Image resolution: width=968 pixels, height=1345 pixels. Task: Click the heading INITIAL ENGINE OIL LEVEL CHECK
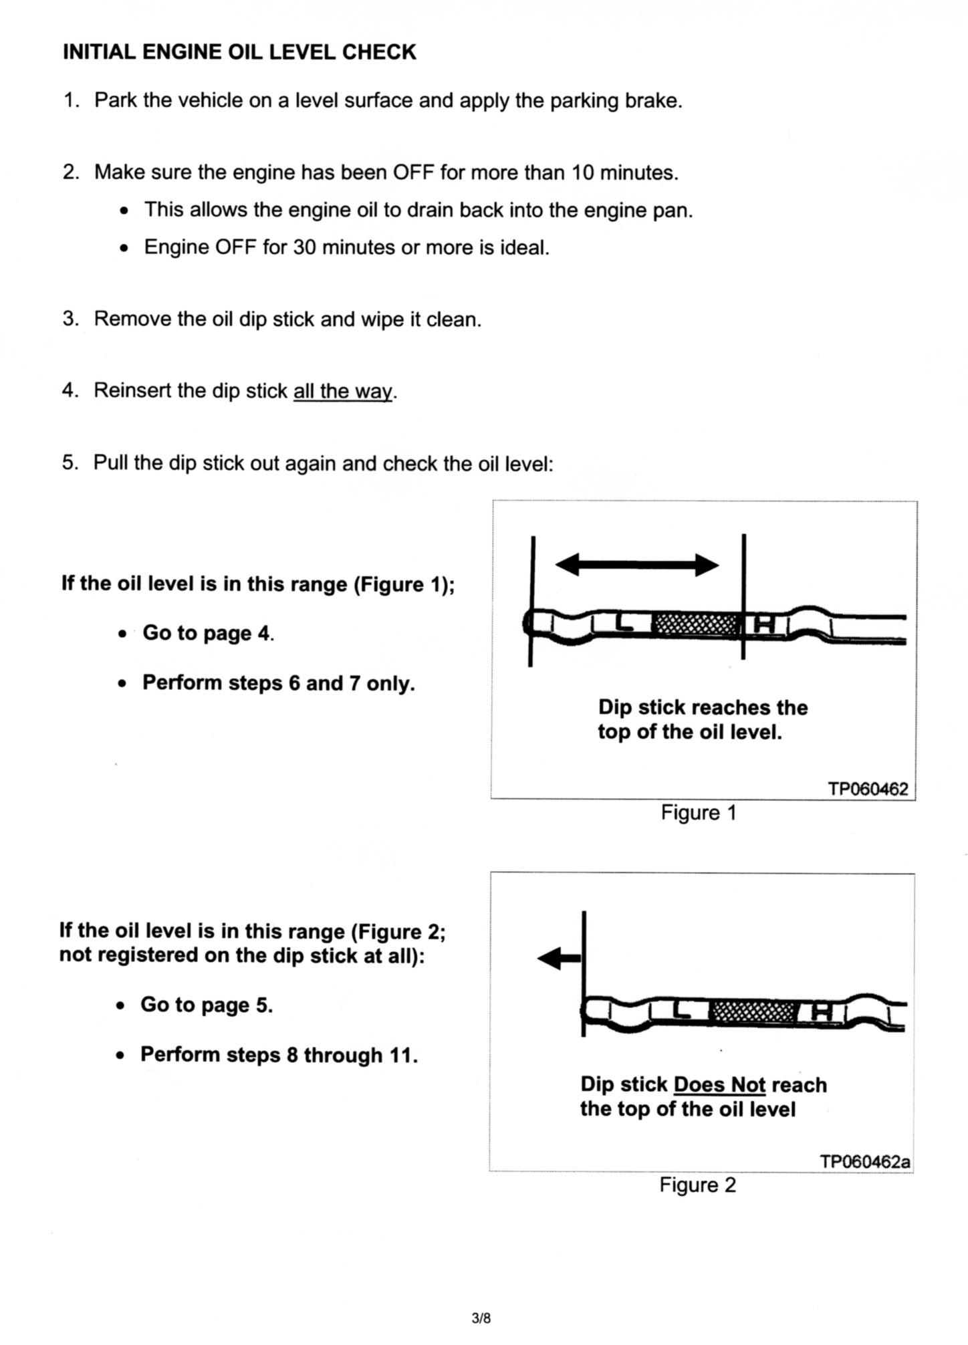click(239, 52)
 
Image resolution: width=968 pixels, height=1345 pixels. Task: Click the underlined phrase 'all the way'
click(343, 390)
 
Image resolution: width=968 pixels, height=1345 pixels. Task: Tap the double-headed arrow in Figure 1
click(637, 565)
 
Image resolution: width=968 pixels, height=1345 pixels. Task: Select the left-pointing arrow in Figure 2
click(559, 959)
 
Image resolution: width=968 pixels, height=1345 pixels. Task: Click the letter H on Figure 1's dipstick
click(765, 624)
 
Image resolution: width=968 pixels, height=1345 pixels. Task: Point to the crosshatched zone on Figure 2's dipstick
click(752, 1013)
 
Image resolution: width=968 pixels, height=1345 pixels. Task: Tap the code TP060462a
click(865, 1161)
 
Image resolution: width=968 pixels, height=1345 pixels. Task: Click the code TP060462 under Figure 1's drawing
click(868, 789)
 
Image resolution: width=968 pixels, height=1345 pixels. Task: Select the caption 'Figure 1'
click(699, 812)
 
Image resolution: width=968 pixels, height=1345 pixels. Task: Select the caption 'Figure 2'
click(697, 1185)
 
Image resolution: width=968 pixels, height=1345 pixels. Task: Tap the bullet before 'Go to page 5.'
click(120, 1006)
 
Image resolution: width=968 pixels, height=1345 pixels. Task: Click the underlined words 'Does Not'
click(720, 1084)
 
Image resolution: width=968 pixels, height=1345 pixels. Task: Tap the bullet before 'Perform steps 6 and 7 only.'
click(122, 685)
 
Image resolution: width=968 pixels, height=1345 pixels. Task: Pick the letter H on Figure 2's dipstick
click(821, 1013)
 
